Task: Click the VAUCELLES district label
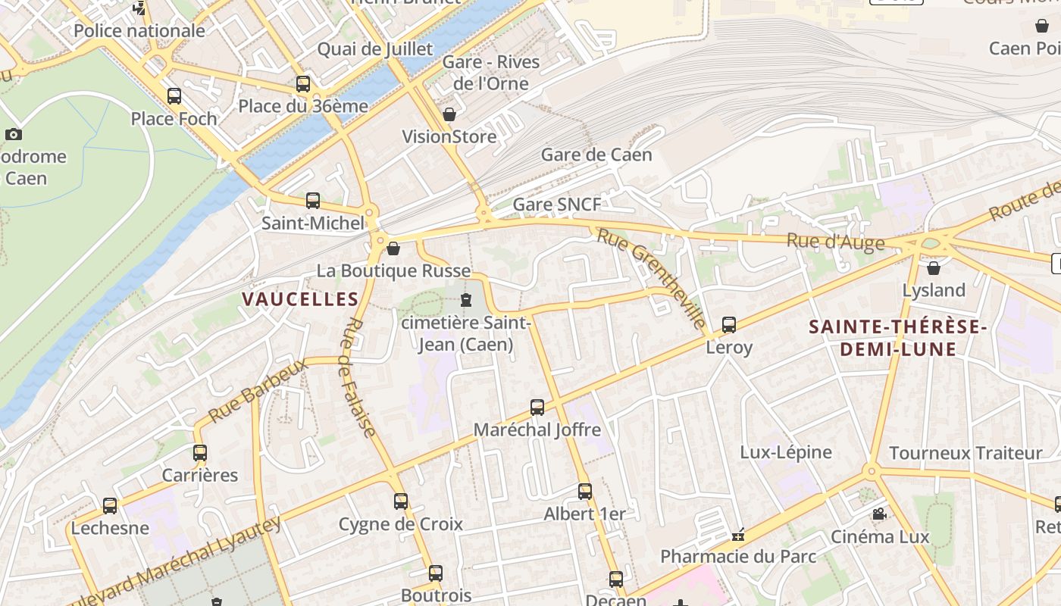click(x=300, y=299)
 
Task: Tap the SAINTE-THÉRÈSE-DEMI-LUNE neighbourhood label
click(x=897, y=338)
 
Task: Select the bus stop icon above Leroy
click(x=728, y=325)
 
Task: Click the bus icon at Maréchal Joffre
click(x=537, y=408)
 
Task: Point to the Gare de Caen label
click(x=596, y=155)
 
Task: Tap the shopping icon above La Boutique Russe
click(x=393, y=248)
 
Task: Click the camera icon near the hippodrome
click(x=14, y=135)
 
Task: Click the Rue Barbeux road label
click(x=257, y=391)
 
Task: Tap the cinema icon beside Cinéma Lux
click(x=879, y=514)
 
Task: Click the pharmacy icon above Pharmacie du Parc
click(x=738, y=535)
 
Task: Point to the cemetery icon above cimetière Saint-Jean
click(x=465, y=300)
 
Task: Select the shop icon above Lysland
click(x=934, y=268)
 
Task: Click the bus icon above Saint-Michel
click(x=313, y=201)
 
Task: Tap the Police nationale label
click(x=139, y=31)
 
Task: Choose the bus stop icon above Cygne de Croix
click(x=401, y=501)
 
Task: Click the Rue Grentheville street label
click(x=651, y=277)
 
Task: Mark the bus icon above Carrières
click(x=200, y=453)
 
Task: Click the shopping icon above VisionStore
click(x=449, y=114)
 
